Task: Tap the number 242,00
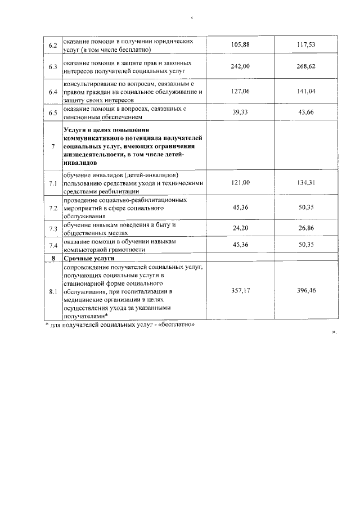coord(240,66)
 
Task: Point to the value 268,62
coord(307,66)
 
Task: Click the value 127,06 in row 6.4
coord(240,91)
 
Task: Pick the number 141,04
coord(307,91)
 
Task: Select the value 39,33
coord(240,112)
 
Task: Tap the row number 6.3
coord(53,67)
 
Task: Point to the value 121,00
coord(240,182)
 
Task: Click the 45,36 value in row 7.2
coord(240,207)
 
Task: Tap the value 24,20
coord(240,228)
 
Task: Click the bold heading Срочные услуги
coord(85,258)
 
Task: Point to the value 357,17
coord(240,292)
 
